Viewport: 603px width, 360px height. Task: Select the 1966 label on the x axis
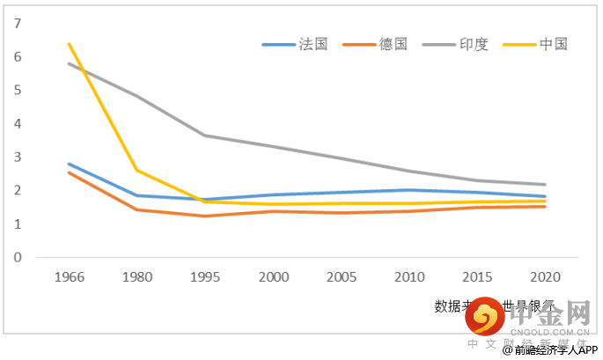(x=69, y=276)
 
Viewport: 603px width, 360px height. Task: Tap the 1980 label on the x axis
(x=137, y=276)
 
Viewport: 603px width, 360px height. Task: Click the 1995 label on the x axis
(x=206, y=276)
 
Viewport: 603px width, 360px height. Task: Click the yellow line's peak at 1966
(x=69, y=44)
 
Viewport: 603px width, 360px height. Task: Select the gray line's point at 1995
(x=206, y=136)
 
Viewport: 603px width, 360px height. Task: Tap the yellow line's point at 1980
(x=137, y=170)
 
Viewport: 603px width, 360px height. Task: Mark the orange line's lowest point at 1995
(x=206, y=216)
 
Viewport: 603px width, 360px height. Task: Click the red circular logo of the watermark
(x=485, y=316)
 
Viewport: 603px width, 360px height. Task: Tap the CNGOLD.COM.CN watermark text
(x=554, y=332)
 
